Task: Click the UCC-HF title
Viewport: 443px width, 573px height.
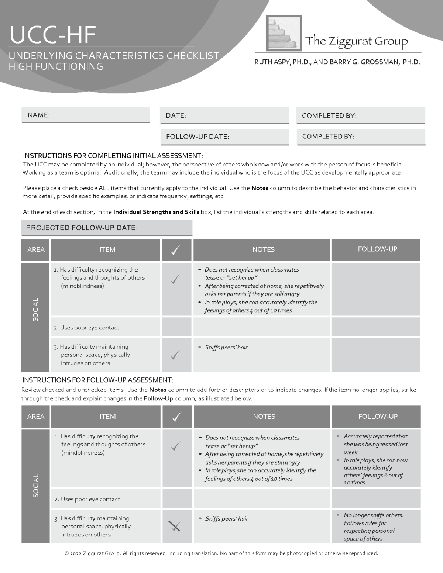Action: click(53, 35)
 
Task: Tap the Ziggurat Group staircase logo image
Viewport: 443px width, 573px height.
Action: click(284, 33)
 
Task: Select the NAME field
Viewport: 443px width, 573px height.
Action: click(86, 115)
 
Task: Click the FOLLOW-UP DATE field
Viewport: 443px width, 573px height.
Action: click(224, 137)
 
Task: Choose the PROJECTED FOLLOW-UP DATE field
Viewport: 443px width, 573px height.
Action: click(107, 228)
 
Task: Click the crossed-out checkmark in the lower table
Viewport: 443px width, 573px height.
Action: click(174, 526)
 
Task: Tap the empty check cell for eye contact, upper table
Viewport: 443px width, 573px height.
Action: click(176, 327)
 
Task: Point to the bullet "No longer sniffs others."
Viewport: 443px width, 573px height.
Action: click(373, 515)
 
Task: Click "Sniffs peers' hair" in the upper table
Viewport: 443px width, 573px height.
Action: click(226, 347)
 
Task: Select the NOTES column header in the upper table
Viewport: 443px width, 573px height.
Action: click(263, 249)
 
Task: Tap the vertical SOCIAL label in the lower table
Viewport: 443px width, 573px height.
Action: click(35, 486)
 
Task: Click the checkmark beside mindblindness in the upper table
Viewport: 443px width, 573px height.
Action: click(176, 279)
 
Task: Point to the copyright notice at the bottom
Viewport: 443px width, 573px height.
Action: click(221, 553)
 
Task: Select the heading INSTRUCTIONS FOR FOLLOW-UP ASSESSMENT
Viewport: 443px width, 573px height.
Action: click(98, 380)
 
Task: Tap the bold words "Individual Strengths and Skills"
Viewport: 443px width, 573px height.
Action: click(156, 212)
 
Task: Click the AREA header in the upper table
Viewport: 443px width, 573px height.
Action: click(36, 249)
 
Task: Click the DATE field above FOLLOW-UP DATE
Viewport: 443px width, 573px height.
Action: click(224, 115)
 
